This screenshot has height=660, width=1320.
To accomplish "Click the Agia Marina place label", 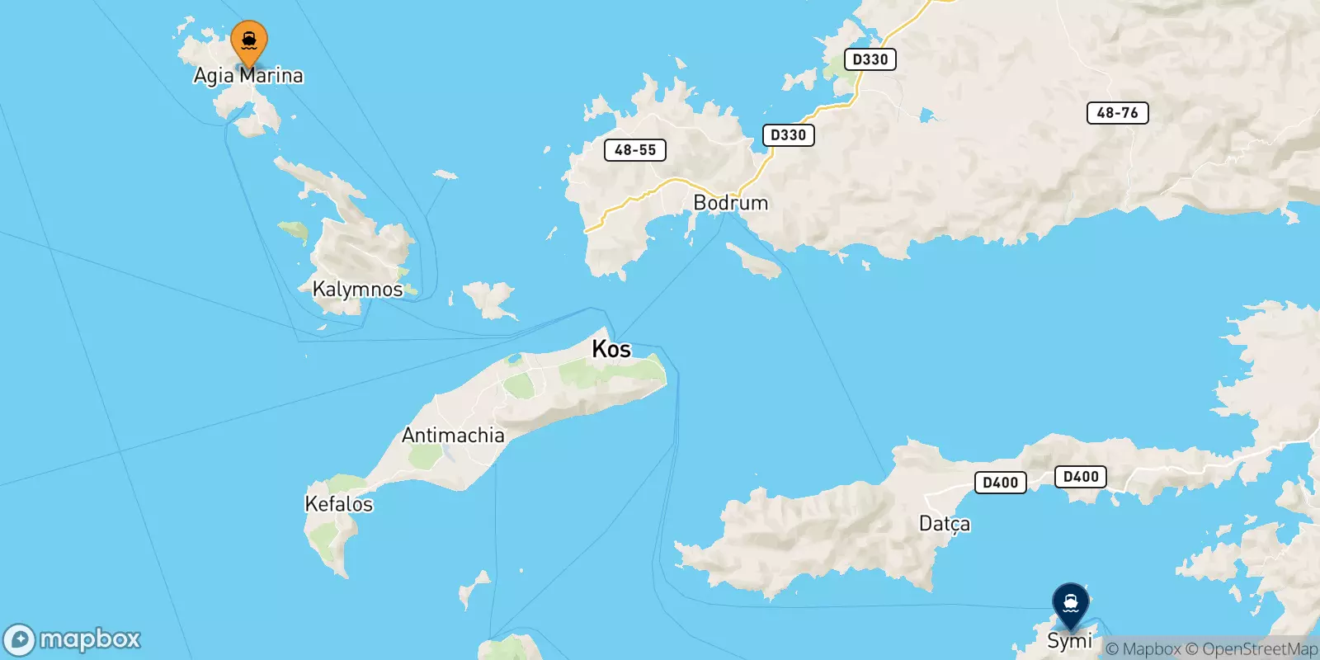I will coord(248,76).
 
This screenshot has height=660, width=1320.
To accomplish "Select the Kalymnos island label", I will coord(357,290).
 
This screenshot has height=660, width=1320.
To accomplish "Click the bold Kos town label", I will coord(611,349).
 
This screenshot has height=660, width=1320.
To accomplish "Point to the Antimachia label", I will coord(453,435).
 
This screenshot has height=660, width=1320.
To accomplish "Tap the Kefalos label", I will coord(338,504).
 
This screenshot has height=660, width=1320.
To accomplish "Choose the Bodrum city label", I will coord(730,203).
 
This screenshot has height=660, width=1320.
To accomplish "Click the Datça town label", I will coord(945,524).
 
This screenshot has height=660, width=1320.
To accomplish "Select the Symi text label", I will coord(1069,641).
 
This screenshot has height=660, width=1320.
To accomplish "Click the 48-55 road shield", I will coord(634,150).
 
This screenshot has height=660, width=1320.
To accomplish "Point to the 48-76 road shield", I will coord(1117,113).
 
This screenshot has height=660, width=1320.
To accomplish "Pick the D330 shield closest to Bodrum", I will coord(788,135).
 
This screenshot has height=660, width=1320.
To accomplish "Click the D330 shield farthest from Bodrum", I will coord(870,59).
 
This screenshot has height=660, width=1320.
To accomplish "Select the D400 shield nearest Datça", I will coord(1000,483).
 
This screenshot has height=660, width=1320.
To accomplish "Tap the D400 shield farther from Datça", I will coord(1081,477).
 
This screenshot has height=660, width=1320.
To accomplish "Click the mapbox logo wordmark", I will coord(89,639).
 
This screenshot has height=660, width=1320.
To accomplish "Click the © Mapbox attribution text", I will coord(1143,649).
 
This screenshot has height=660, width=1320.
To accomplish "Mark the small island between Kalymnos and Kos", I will coord(489,299).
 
